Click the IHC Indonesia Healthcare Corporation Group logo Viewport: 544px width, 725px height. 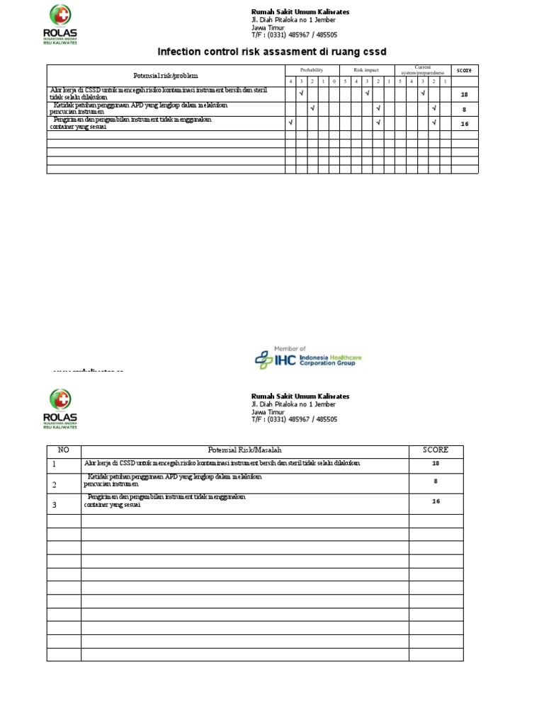click(x=308, y=358)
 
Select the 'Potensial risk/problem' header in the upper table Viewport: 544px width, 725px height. click(x=166, y=75)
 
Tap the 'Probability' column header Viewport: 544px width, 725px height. click(x=312, y=70)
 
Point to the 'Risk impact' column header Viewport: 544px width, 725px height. click(x=367, y=70)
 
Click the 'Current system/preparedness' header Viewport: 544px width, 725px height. click(x=423, y=69)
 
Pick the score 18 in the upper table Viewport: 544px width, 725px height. click(x=465, y=94)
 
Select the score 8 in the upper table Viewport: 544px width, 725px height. click(x=465, y=109)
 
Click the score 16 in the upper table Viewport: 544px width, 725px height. click(x=465, y=124)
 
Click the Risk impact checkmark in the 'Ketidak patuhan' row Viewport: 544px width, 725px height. click(x=378, y=108)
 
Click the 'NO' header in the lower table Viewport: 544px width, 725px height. click(x=64, y=450)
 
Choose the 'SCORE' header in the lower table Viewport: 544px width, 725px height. click(x=436, y=450)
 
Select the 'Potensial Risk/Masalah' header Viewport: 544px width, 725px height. click(x=245, y=450)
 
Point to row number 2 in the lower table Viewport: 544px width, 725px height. click(x=54, y=485)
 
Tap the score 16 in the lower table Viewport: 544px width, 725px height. click(x=436, y=501)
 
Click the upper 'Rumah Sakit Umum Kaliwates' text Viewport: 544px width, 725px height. click(x=300, y=12)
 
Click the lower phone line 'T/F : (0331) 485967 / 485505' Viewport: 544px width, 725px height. click(x=294, y=419)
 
